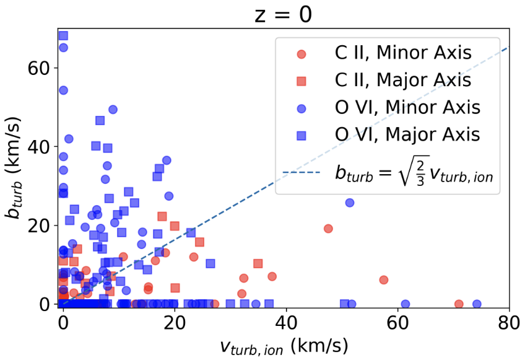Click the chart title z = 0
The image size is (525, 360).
[x=284, y=14]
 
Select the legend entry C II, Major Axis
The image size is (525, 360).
[x=399, y=80]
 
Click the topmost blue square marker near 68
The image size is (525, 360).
[x=63, y=36]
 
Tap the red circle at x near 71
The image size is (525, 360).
[x=459, y=304]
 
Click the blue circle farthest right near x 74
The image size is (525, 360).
[x=477, y=304]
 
